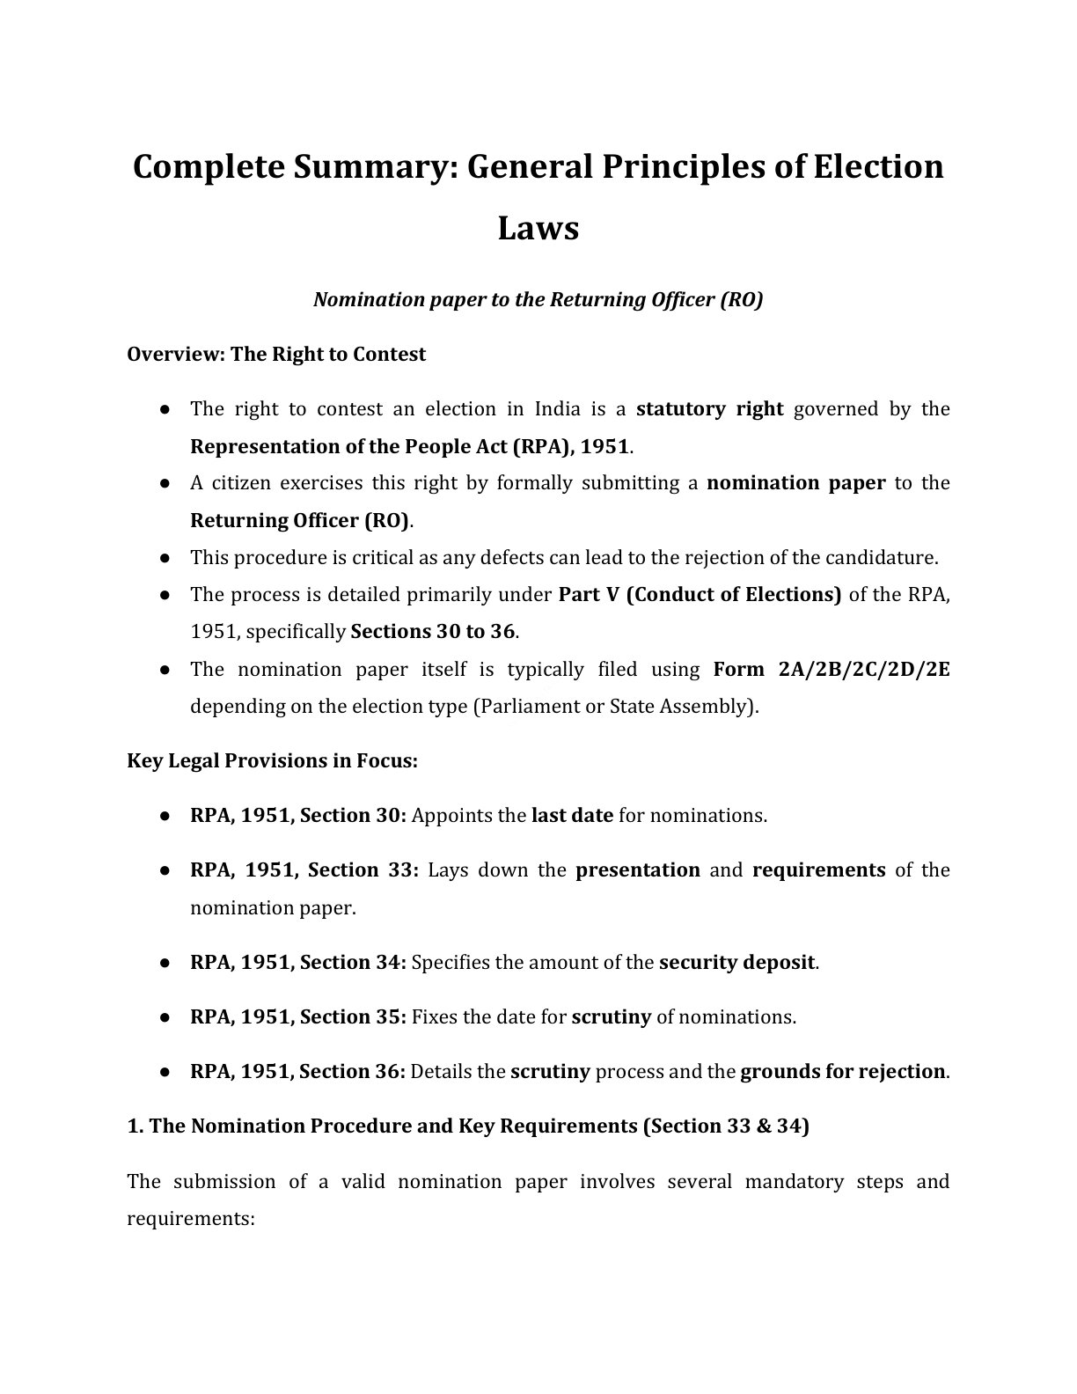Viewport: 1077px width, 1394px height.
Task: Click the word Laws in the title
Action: [x=538, y=228]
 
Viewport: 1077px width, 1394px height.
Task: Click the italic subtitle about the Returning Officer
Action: [x=538, y=300]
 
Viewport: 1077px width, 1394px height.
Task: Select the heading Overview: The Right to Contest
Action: [x=276, y=355]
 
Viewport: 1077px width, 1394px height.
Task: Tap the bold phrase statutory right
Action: [x=709, y=409]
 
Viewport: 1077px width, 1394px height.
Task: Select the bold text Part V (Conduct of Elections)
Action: [x=700, y=595]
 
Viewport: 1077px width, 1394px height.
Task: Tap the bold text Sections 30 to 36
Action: [x=432, y=632]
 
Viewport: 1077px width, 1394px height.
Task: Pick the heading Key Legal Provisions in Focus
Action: [x=272, y=761]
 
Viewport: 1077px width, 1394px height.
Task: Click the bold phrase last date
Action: [x=572, y=816]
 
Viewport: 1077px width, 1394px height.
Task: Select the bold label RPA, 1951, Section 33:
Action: [x=304, y=870]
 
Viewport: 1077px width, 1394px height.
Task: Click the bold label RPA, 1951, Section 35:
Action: [x=297, y=1017]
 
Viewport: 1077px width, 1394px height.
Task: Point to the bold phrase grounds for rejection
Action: [x=842, y=1072]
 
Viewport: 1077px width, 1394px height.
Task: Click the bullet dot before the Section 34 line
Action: [x=165, y=964]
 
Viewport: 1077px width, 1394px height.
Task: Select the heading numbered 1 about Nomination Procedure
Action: [x=468, y=1126]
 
